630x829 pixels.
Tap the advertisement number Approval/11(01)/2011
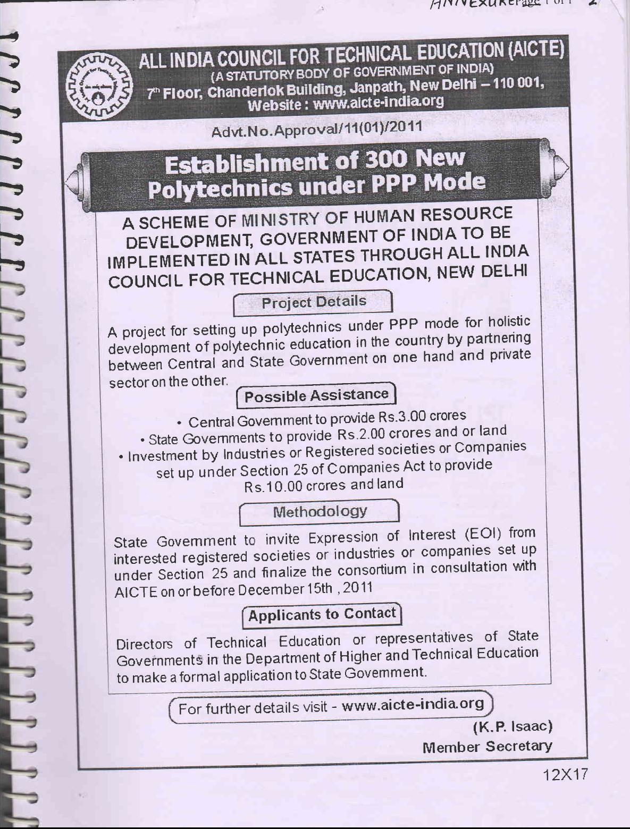click(317, 129)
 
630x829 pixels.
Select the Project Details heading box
click(313, 302)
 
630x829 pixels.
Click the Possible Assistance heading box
click(317, 395)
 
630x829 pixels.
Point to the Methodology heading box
click(320, 512)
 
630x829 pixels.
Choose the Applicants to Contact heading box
click(322, 615)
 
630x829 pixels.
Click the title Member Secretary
click(487, 747)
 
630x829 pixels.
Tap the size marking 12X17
click(566, 775)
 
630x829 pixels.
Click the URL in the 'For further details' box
click(413, 705)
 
